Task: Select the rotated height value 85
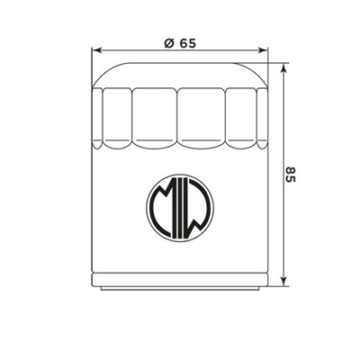[290, 174]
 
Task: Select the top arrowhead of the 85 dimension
[283, 67]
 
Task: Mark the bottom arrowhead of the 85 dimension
[283, 285]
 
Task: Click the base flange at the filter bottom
[179, 286]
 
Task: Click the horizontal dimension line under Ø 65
[135, 51]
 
